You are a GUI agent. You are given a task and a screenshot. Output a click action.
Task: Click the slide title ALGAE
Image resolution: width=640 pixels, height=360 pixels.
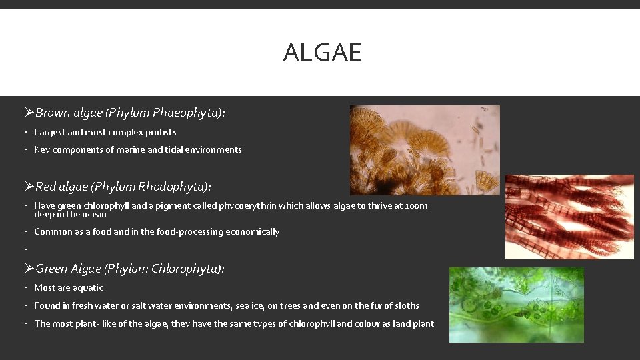coord(322,52)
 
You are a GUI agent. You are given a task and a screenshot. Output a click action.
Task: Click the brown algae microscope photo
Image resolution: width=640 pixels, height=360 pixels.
coord(425,150)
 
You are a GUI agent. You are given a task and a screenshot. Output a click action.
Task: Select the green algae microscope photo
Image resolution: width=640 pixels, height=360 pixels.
coord(516,305)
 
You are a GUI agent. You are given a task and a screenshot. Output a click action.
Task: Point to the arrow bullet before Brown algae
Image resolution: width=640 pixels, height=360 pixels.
coord(29,113)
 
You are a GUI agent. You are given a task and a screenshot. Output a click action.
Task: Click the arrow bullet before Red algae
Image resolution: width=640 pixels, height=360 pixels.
coord(29,187)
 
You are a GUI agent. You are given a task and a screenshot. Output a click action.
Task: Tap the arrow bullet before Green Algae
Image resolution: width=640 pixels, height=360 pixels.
coord(29,269)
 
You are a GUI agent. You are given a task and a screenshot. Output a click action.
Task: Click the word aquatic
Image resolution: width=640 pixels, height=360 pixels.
coord(88,288)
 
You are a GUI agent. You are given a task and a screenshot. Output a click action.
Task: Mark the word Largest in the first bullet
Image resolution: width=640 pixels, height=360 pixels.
coord(49,133)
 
